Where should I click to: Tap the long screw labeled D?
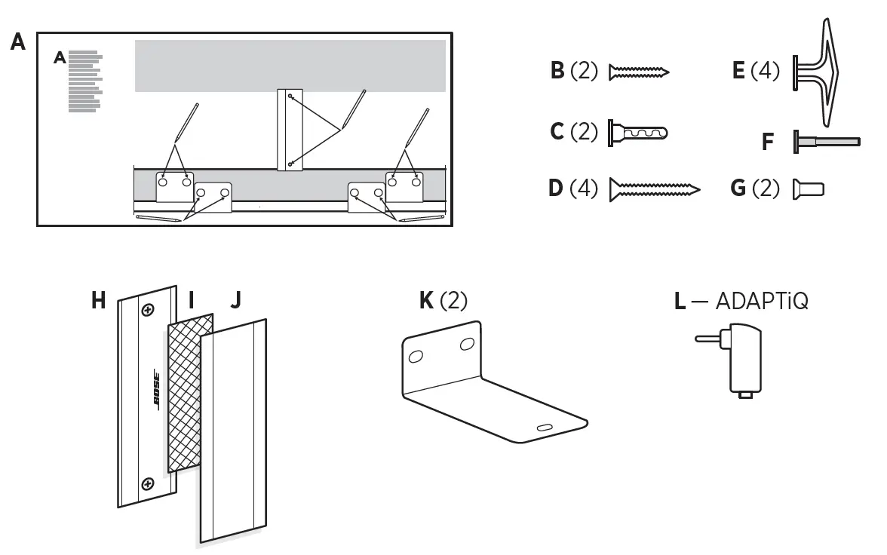[x=654, y=188]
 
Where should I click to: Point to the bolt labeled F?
[x=826, y=141]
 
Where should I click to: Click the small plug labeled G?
[x=808, y=189]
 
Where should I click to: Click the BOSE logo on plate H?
[x=156, y=391]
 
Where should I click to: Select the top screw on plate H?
[x=149, y=310]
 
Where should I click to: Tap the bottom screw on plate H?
[x=149, y=483]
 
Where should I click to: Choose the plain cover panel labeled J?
[x=234, y=430]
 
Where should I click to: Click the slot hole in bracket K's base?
[x=544, y=428]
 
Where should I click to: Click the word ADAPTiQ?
[x=762, y=302]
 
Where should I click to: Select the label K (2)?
[x=443, y=301]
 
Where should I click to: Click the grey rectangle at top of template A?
[x=290, y=66]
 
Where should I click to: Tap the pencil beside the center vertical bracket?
[x=354, y=109]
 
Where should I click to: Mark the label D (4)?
[x=572, y=188]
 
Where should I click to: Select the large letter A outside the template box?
[x=18, y=42]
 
